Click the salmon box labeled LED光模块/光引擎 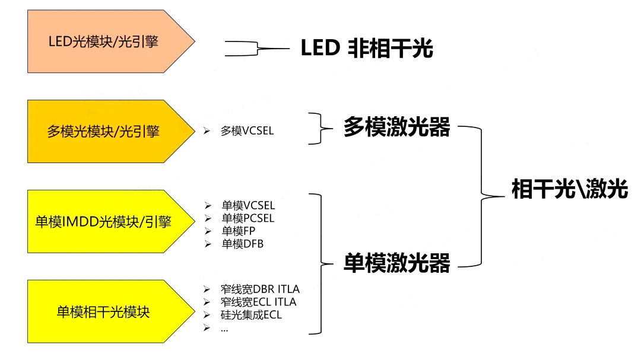point(104,42)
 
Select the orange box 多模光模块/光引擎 point(104,131)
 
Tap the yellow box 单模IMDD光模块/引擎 point(104,222)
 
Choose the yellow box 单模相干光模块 point(104,312)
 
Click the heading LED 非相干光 point(367,49)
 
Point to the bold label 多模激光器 point(396,128)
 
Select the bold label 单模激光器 point(396,263)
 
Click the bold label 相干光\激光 point(569,190)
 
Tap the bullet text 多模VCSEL point(247,131)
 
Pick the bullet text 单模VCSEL point(248,206)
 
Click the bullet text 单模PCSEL point(248,218)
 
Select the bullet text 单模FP point(238,231)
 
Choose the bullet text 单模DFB point(242,244)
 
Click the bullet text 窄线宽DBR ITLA point(259,289)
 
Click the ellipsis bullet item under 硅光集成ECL point(224,329)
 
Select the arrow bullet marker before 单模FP point(207,231)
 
